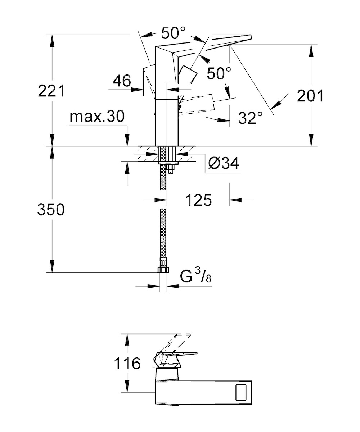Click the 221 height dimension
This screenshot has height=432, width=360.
(51, 91)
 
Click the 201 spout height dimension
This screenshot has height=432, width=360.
(310, 96)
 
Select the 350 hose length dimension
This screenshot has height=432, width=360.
(51, 209)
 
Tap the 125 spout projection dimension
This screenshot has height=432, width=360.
(198, 200)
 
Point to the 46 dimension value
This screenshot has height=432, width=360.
(122, 81)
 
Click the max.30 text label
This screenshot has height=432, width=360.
(97, 116)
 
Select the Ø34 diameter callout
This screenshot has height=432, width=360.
(224, 163)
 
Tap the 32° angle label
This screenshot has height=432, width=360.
(251, 118)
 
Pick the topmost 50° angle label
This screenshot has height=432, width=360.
(174, 33)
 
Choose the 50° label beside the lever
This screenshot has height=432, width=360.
(219, 73)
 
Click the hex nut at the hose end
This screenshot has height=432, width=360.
(163, 270)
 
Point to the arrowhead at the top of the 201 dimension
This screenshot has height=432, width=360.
(311, 50)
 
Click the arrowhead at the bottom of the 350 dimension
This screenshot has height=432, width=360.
(52, 267)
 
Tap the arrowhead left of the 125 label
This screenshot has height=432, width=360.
(161, 200)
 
